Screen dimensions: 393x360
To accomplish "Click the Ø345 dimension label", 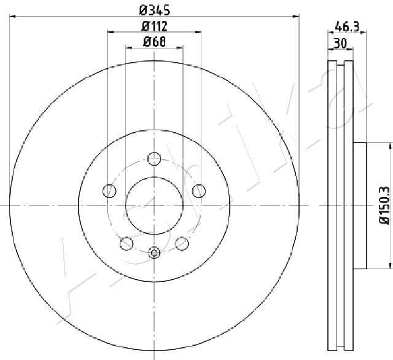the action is tap(155, 10).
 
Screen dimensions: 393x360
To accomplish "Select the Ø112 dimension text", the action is tap(154, 26).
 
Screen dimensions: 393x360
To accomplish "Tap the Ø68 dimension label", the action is tap(154, 42).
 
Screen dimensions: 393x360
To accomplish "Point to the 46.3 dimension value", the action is tap(347, 26).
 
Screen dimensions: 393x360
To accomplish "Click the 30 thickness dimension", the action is tap(340, 43).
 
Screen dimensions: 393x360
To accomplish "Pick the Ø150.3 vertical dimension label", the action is tap(385, 205).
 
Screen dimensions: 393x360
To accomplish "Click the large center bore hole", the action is tap(154, 206).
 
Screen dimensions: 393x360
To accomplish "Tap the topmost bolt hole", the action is tap(154, 158).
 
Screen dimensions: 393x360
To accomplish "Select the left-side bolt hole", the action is tap(109, 191).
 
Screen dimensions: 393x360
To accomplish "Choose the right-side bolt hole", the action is tap(199, 191).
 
